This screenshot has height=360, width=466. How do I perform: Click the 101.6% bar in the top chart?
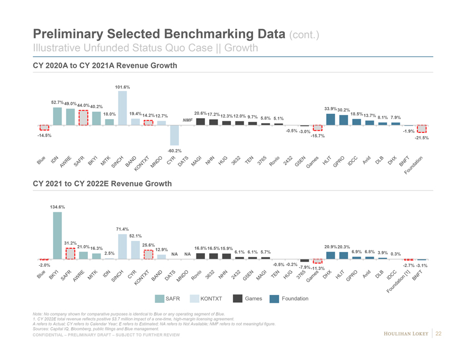click(x=122, y=108)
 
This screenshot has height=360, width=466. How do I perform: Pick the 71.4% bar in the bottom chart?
click(x=122, y=247)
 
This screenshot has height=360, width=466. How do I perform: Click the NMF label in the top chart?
click(x=187, y=120)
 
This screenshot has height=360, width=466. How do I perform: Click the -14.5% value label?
click(x=44, y=136)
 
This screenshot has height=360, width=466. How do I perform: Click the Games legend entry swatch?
click(x=238, y=299)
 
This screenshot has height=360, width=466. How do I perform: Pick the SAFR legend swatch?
click(x=159, y=299)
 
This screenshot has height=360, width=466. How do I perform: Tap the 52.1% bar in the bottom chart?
click(x=135, y=250)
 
